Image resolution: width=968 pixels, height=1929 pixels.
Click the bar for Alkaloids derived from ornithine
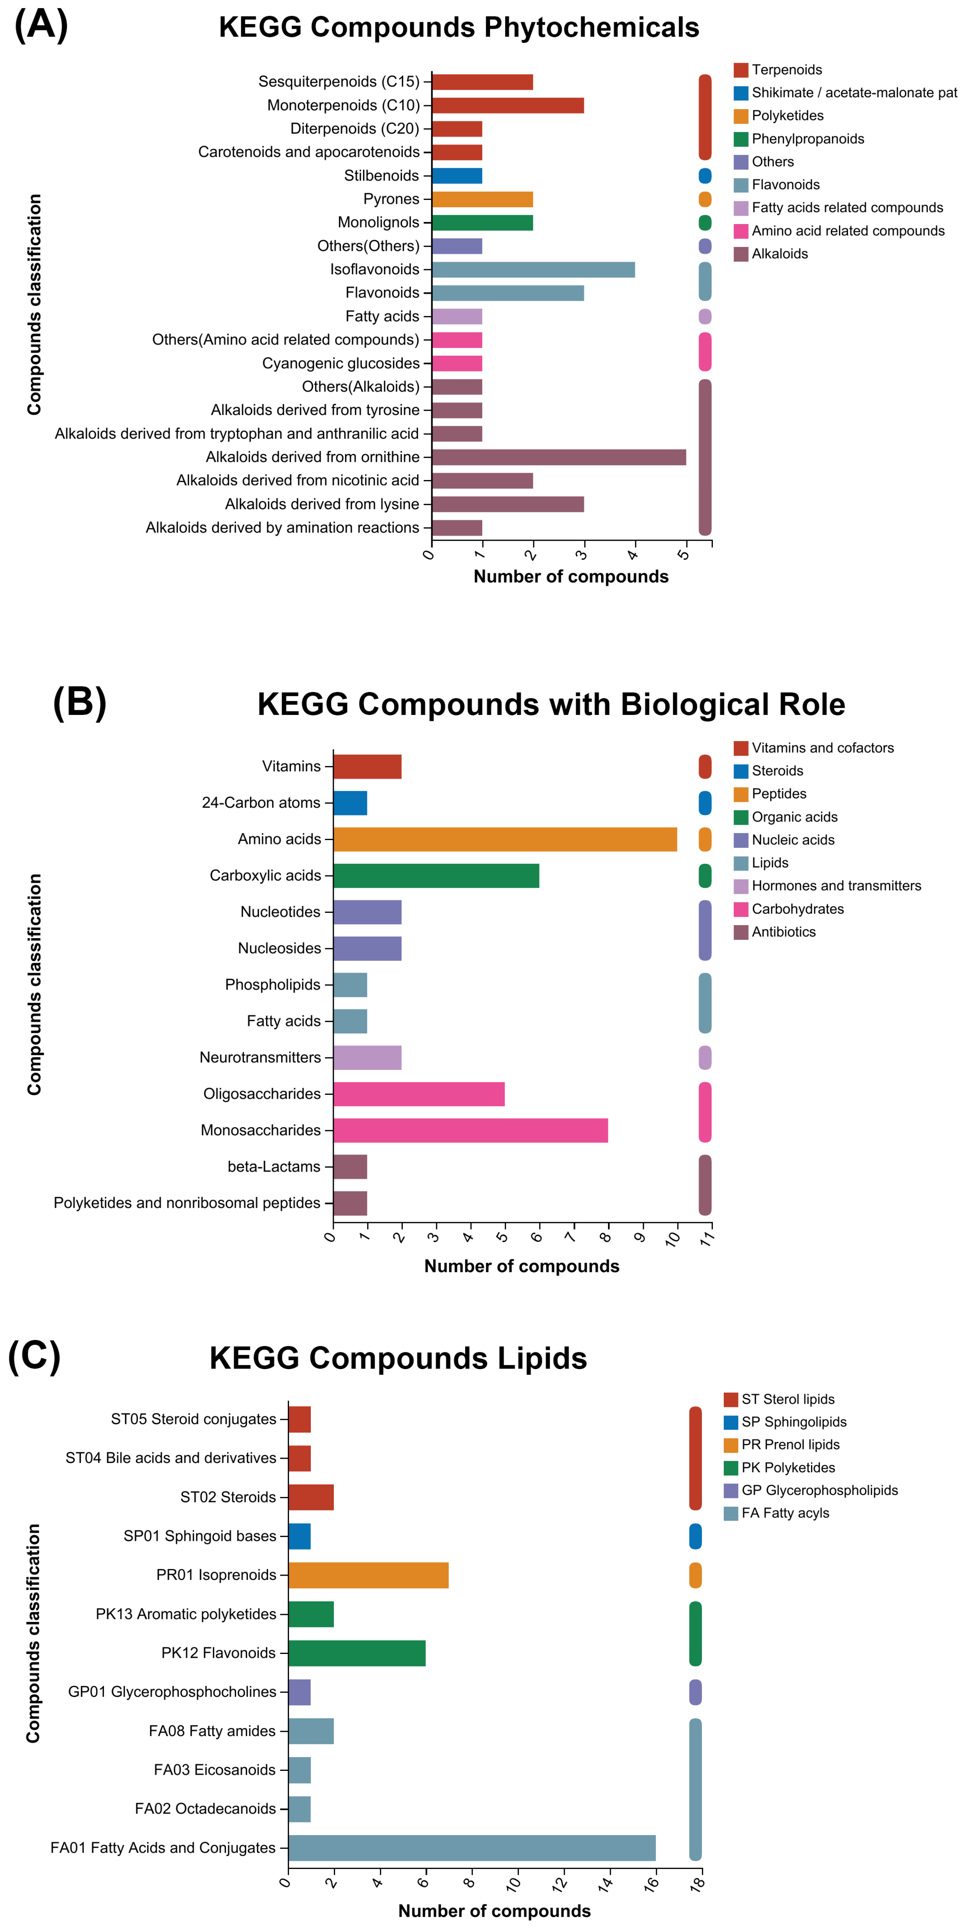559,457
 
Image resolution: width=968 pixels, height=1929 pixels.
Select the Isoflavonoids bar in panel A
533,270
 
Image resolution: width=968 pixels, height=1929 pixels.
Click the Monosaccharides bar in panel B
470,1130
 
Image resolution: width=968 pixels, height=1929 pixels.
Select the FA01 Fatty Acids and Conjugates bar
472,1848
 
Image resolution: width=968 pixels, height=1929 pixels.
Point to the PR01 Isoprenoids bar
369,1575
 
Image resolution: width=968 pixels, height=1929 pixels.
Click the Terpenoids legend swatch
741,70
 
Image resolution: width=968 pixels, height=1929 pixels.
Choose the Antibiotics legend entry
783,932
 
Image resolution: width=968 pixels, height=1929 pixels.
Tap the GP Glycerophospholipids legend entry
819,1490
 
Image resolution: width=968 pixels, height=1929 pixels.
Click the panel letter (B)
79,702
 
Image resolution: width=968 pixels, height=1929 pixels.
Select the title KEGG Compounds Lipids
398,1358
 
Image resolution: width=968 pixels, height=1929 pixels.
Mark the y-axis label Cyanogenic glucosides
340,363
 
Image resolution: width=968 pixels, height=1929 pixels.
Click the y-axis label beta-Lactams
274,1167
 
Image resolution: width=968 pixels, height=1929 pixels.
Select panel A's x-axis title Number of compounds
570,577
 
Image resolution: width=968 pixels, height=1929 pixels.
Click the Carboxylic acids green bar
436,875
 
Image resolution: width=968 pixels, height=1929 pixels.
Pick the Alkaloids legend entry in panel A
779,254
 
